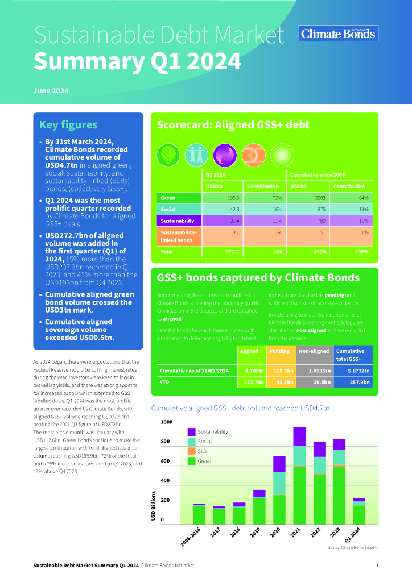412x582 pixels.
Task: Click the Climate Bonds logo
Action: click(x=338, y=34)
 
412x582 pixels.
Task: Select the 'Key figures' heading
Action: click(x=68, y=125)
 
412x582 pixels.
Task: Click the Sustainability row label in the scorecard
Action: click(x=178, y=221)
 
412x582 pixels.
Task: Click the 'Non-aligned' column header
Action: click(x=315, y=351)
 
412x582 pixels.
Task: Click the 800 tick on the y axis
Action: click(x=166, y=442)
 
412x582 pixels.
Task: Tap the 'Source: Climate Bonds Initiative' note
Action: click(x=353, y=547)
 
